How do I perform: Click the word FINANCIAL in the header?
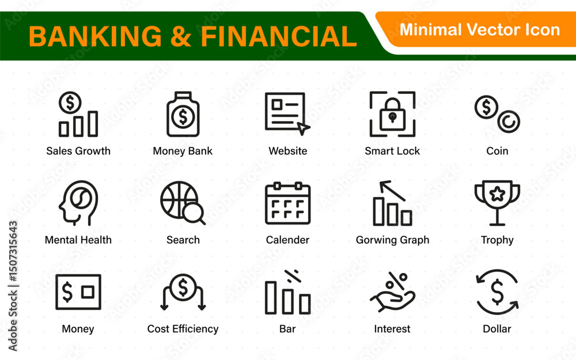click(279, 36)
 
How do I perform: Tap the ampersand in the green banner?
click(181, 36)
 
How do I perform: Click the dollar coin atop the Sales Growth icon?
click(70, 103)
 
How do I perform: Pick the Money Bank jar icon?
click(183, 114)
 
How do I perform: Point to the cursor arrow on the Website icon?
click(303, 128)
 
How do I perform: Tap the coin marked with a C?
click(509, 122)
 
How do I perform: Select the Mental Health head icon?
click(78, 203)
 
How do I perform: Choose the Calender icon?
click(287, 203)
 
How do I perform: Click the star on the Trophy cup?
click(497, 194)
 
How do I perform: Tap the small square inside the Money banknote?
click(88, 292)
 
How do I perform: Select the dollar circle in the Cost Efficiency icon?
click(183, 287)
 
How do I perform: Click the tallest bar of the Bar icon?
click(271, 298)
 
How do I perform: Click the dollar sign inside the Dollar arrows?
click(497, 292)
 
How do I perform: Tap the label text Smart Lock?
click(392, 151)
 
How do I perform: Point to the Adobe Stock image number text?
click(13, 251)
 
